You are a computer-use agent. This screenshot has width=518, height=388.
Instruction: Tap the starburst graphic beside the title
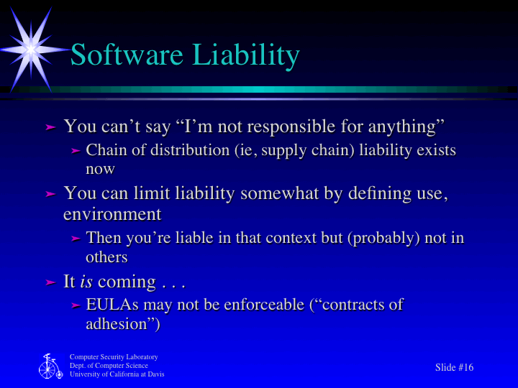coord(31,47)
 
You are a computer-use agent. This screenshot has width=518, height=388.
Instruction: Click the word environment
coord(112,214)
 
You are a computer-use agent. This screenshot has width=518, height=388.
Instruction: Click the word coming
coord(126,281)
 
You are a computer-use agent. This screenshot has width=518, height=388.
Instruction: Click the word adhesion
coord(118,323)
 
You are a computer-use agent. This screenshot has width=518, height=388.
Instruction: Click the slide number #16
coord(465,368)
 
